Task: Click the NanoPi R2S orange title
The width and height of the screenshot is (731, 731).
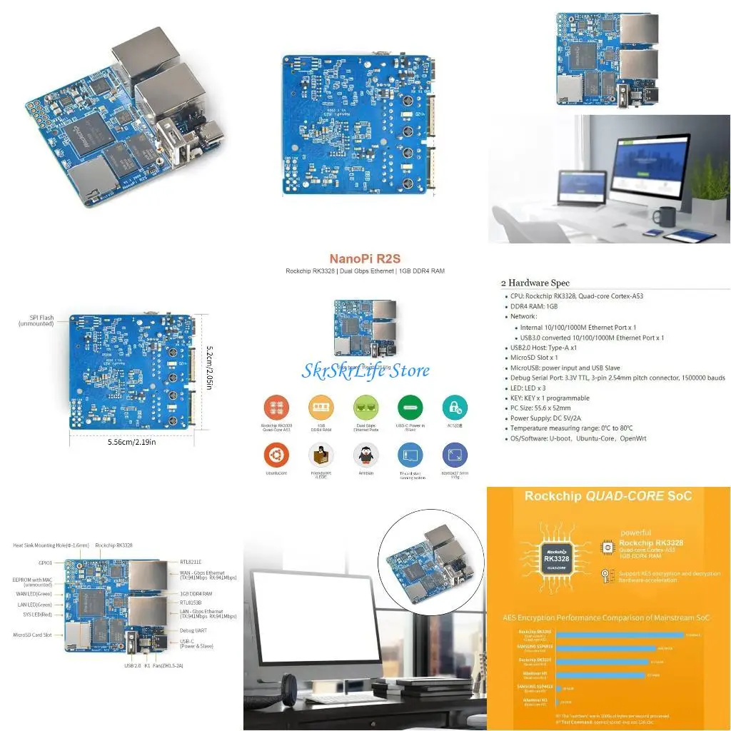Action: coord(365,259)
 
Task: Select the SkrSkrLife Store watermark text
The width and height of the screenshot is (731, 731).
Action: coord(365,370)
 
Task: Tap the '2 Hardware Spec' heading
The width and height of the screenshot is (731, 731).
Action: coord(535,283)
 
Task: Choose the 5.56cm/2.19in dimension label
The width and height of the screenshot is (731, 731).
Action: coord(131,442)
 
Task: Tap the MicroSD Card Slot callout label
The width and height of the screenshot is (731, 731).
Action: coord(32,634)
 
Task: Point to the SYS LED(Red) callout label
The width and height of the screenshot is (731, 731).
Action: coord(34,614)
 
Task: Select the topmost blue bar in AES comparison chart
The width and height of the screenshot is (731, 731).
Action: coord(619,634)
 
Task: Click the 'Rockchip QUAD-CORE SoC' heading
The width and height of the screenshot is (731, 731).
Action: coord(608,496)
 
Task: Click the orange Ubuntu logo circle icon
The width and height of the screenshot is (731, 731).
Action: coord(276,454)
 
